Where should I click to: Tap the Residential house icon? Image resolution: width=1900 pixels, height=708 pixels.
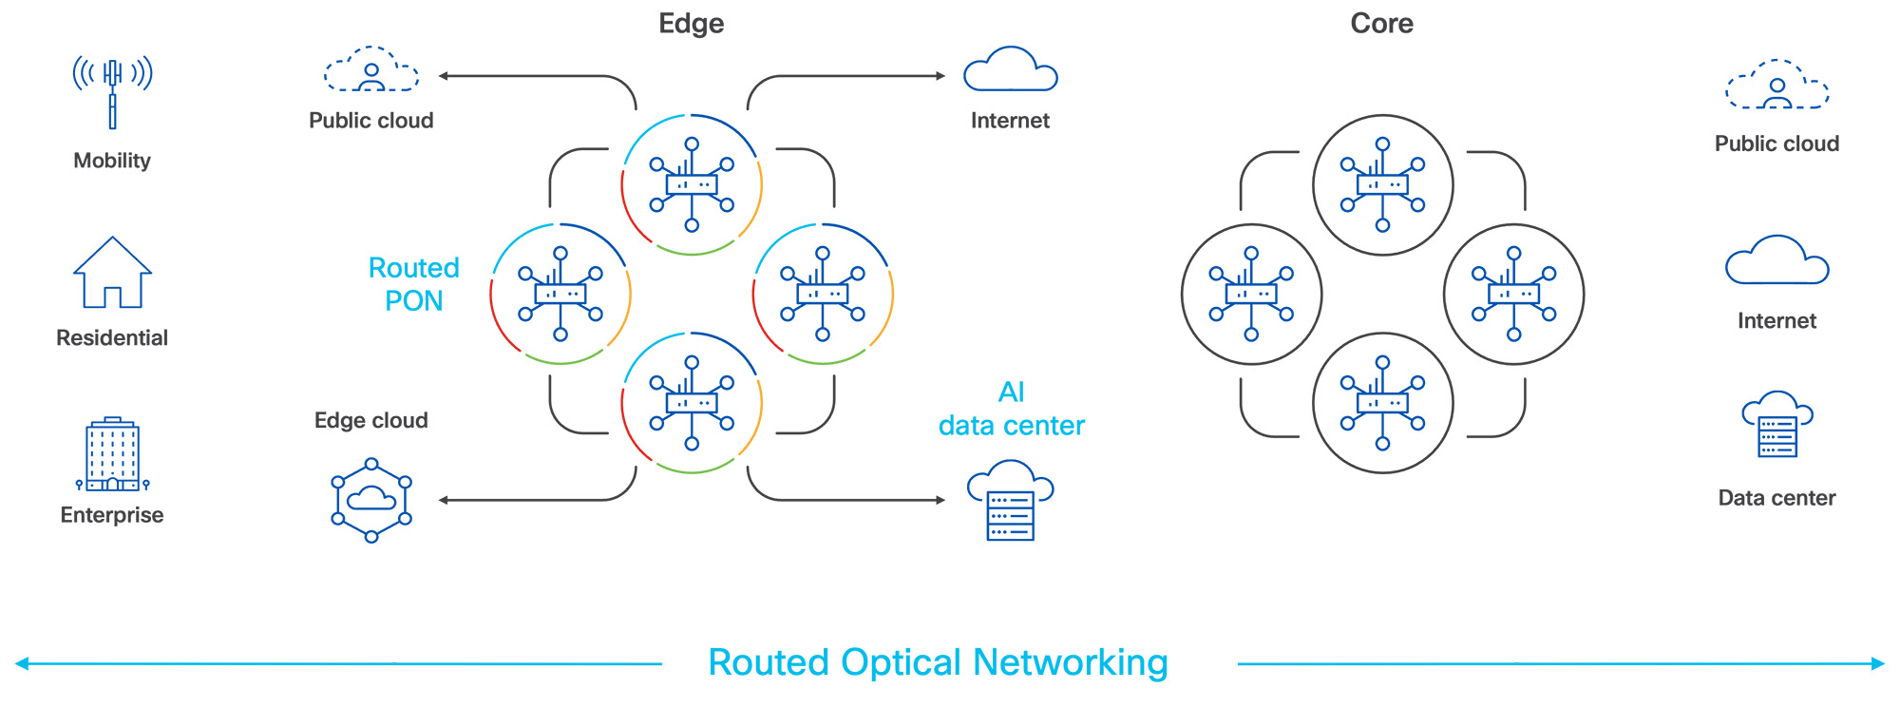tap(112, 273)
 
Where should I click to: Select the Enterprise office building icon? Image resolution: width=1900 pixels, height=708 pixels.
tap(112, 454)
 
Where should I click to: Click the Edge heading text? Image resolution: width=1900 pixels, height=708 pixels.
tap(692, 24)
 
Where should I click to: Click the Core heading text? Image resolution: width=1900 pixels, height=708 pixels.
tap(1381, 24)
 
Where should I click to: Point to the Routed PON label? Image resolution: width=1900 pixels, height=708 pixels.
tap(413, 284)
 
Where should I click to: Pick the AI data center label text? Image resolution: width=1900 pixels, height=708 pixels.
tap(1011, 409)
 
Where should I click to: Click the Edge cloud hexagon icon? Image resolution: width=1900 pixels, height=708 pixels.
tap(371, 501)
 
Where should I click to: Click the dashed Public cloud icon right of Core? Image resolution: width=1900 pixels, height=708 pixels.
tap(1776, 86)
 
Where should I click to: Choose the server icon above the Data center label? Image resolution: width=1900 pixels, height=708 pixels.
tap(1776, 425)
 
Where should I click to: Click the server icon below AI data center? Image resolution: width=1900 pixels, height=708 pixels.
tap(1010, 501)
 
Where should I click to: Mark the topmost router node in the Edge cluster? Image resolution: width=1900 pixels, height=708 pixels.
tap(692, 184)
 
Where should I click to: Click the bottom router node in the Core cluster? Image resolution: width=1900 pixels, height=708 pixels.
tap(1382, 403)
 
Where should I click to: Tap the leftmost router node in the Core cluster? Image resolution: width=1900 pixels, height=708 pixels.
tap(1251, 294)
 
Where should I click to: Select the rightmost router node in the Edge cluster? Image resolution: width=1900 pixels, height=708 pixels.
tap(823, 294)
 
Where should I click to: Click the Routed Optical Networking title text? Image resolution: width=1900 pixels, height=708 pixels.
tap(938, 662)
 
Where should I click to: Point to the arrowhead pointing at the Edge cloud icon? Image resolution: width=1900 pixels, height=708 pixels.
tap(444, 500)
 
